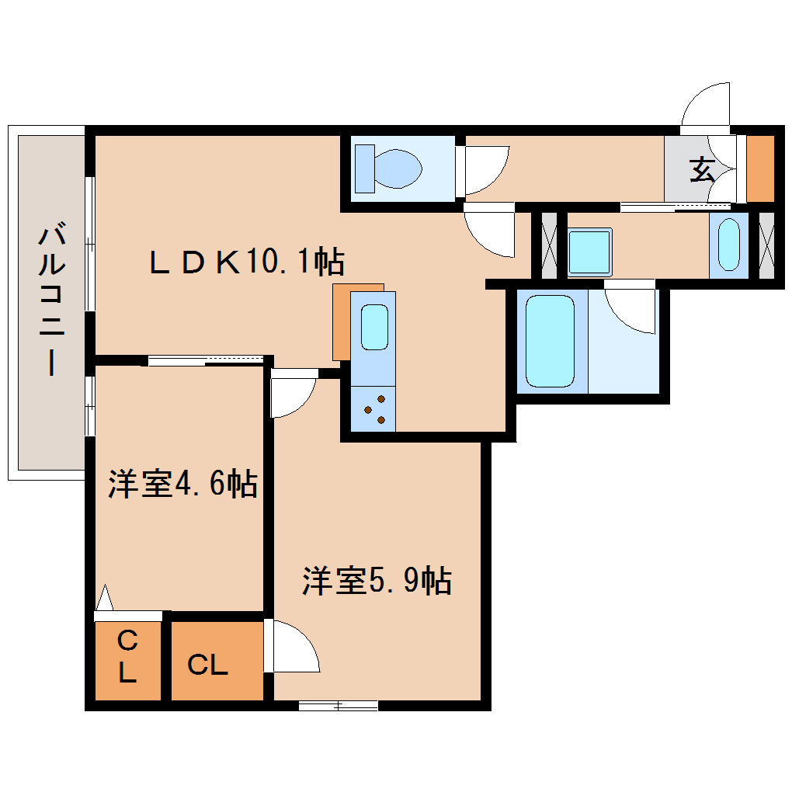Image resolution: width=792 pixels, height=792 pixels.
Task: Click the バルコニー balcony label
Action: point(50,299)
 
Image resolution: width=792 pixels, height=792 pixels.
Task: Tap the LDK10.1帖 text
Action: point(247,262)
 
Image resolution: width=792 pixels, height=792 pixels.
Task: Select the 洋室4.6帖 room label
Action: point(182,485)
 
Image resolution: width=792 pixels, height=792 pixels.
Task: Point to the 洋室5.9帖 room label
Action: point(377,580)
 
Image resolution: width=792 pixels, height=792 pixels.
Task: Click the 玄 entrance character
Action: point(703,169)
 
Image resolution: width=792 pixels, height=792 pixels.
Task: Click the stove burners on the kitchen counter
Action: point(373,409)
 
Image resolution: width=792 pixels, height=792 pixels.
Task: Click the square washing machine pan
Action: point(589,252)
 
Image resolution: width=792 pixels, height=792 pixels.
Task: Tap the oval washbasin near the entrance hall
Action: point(729,244)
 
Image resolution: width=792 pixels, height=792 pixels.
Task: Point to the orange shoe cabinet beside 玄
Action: point(760,168)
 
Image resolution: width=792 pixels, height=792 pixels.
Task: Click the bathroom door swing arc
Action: point(633,311)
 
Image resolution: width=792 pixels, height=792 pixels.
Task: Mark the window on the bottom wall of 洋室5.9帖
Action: point(339,705)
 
